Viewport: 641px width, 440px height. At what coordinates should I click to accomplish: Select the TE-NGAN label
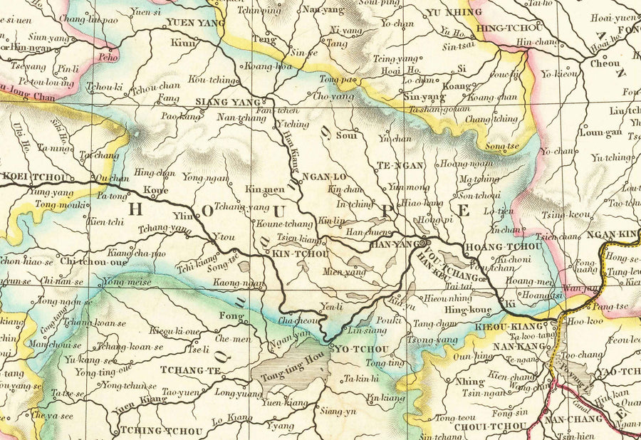400,165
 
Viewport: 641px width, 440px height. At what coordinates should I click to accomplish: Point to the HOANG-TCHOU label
503,246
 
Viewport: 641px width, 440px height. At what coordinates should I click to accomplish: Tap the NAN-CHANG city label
570,421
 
